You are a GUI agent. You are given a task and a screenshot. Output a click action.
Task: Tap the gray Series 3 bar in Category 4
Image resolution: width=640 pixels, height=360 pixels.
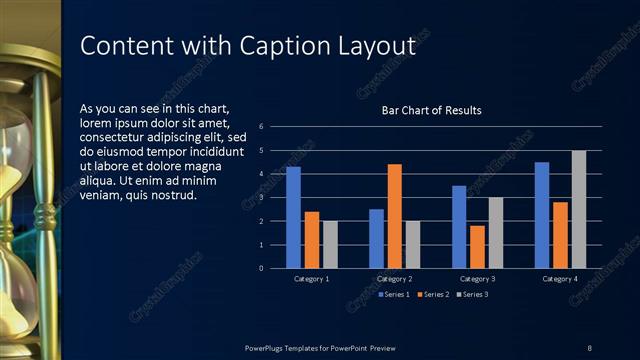point(579,209)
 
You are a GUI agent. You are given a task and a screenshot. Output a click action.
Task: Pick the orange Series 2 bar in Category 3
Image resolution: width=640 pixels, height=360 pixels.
point(477,247)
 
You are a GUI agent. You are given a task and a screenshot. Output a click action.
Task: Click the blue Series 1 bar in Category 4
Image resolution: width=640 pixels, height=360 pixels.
point(542,215)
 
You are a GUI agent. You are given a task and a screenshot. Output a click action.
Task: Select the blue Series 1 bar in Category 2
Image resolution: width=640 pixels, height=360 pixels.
point(376,239)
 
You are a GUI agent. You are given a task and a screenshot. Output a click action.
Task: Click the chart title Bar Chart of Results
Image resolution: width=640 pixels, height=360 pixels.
point(431,110)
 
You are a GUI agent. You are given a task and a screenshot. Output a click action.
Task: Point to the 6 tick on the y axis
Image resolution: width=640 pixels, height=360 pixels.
point(261,127)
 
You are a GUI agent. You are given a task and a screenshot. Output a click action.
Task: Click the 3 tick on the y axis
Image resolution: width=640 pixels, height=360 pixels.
point(261,197)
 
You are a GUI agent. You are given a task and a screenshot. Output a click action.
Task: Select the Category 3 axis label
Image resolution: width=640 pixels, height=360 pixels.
point(477,278)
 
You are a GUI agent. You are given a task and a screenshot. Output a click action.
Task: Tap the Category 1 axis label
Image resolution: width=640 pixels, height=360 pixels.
point(312,278)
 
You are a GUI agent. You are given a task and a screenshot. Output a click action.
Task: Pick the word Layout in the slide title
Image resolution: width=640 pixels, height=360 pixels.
point(378,46)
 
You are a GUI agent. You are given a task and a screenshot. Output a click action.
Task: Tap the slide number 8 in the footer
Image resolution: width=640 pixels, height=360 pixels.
point(589,347)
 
